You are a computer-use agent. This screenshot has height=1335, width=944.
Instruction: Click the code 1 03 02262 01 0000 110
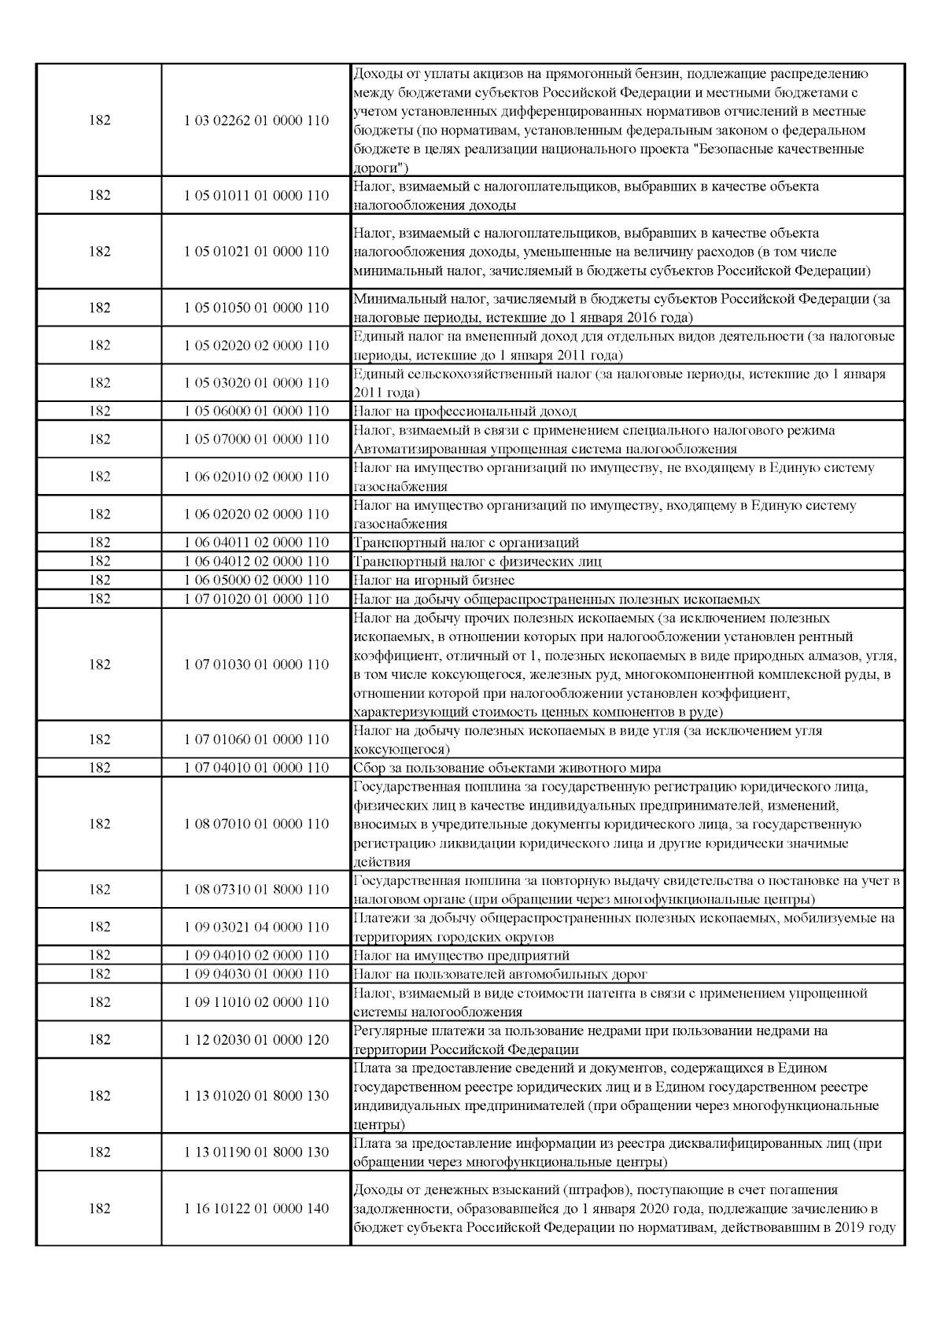(x=256, y=121)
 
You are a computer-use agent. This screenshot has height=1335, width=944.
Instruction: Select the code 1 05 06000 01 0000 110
(x=256, y=411)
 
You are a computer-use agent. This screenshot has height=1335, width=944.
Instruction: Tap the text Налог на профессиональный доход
(x=465, y=411)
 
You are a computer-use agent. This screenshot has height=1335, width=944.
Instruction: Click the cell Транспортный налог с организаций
(x=466, y=543)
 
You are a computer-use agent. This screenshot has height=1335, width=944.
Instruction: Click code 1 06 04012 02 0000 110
(x=256, y=562)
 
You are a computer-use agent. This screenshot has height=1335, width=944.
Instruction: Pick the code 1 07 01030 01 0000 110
(x=256, y=665)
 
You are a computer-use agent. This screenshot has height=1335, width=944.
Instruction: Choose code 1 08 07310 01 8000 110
(x=256, y=890)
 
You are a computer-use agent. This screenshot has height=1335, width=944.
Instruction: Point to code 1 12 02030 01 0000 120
(x=256, y=1040)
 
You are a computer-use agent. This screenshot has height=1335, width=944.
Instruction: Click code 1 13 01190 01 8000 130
(x=256, y=1152)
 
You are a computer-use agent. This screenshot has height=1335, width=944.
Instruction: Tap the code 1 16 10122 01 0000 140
(x=256, y=1208)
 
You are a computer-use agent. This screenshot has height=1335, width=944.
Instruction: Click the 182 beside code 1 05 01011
(x=100, y=196)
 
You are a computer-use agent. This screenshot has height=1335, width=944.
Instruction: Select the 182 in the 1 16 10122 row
(x=100, y=1208)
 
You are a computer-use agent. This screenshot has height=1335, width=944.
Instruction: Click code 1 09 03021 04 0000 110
(x=256, y=927)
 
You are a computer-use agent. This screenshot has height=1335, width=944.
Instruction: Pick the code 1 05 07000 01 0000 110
(x=256, y=440)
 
